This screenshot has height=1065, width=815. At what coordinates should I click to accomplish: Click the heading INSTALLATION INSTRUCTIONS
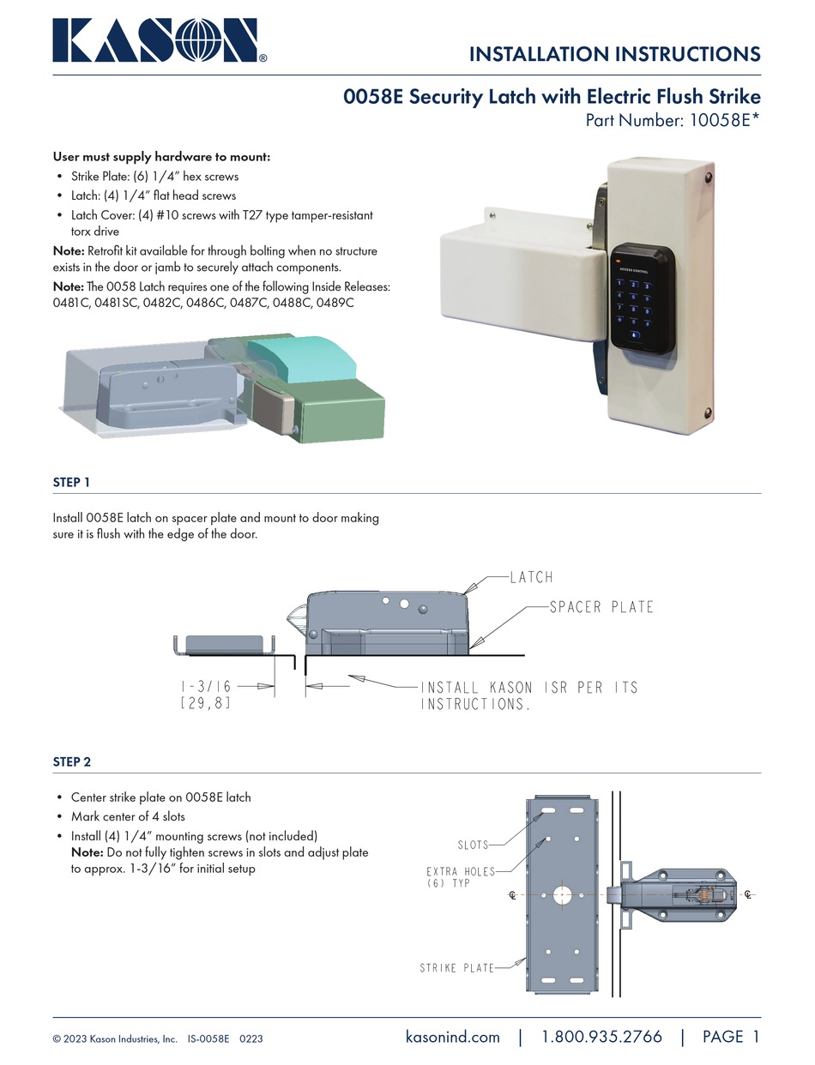point(614,54)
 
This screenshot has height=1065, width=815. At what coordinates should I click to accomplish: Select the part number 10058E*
point(721,121)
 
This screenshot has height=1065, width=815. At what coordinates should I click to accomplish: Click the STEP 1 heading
point(71,483)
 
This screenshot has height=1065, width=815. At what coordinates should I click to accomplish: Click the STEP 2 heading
point(71,761)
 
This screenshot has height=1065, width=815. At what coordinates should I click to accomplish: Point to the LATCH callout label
point(531,577)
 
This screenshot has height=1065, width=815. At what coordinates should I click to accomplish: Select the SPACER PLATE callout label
point(601,607)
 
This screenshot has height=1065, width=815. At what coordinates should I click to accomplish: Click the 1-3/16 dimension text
point(206,687)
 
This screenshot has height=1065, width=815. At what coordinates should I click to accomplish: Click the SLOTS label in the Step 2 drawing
point(473,845)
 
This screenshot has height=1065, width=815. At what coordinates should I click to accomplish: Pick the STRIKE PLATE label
point(456,968)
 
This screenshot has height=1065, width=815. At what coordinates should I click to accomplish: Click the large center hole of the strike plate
point(562,894)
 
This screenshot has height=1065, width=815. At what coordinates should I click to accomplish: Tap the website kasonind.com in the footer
point(452,1037)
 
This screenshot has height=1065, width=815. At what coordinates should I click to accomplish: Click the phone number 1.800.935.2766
point(601,1037)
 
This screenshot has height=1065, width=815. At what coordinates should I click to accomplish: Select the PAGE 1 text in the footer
point(731,1037)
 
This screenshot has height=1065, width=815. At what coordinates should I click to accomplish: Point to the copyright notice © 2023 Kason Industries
point(115,1038)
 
